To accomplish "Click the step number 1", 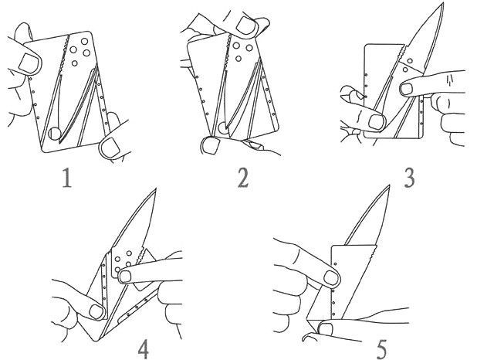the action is pyautogui.click(x=67, y=178).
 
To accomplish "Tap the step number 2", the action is pyautogui.click(x=243, y=178).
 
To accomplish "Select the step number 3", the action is pyautogui.click(x=409, y=178).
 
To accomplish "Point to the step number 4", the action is pyautogui.click(x=143, y=349).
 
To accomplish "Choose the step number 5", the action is pyautogui.click(x=381, y=349).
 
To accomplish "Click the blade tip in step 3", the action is pyautogui.click(x=442, y=3).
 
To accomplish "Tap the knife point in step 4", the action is pyautogui.click(x=155, y=188).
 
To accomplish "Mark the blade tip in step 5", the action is pyautogui.click(x=389, y=185).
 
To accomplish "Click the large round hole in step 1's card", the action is pyautogui.click(x=55, y=134).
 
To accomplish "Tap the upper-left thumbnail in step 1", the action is pyautogui.click(x=29, y=63).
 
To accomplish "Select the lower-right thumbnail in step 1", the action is pyautogui.click(x=110, y=147).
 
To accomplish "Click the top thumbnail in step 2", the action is pyautogui.click(x=245, y=25).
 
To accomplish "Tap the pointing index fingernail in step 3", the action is pyautogui.click(x=406, y=89).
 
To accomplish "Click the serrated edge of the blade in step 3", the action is pyautogui.click(x=402, y=53).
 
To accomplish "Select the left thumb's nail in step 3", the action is pyautogui.click(x=376, y=122).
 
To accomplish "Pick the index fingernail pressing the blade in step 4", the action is pyautogui.click(x=125, y=277).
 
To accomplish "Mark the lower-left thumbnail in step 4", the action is pyautogui.click(x=96, y=311).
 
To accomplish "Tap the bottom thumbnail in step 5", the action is pyautogui.click(x=326, y=330).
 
